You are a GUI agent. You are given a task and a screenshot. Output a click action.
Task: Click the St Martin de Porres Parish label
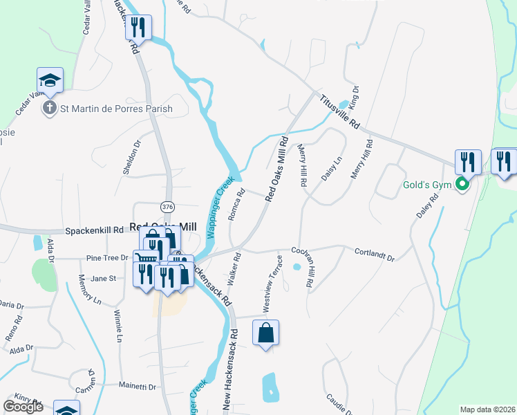116,109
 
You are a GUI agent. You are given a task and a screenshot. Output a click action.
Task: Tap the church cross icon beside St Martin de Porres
50,108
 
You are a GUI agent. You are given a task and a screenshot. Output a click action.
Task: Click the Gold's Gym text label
427,185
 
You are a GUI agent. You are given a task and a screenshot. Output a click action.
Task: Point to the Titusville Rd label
340,111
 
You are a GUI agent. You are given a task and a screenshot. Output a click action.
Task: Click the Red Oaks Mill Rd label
276,169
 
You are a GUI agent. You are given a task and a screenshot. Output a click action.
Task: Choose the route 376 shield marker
167,206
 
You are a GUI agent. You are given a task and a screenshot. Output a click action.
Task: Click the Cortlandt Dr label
375,255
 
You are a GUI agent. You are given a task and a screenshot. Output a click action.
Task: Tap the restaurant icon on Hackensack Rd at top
138,28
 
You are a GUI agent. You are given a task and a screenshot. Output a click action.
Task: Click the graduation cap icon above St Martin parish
50,80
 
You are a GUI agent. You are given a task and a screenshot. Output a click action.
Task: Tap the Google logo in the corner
23,407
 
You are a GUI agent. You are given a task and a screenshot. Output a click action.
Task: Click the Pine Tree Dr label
107,258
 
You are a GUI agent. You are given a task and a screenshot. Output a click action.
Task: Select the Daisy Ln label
332,169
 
